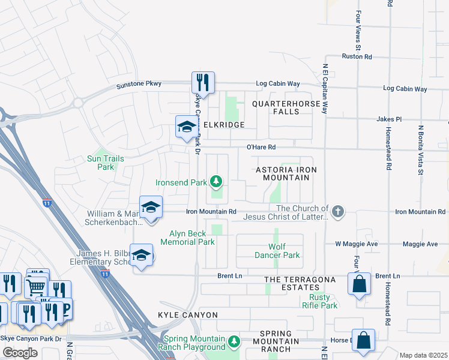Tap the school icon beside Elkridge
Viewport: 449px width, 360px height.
(x=187, y=127)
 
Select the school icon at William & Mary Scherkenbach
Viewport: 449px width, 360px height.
(x=151, y=208)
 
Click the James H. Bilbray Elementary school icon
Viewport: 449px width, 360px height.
(x=142, y=256)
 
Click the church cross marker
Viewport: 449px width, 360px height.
(x=338, y=211)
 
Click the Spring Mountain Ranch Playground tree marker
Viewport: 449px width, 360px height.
(x=234, y=343)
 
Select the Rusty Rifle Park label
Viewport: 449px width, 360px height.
(x=323, y=301)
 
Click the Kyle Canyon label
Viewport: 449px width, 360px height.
(x=188, y=315)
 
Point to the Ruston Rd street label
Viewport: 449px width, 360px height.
(x=357, y=56)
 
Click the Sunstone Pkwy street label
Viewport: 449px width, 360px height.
(x=139, y=84)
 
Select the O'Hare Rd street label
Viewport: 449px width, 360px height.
(x=261, y=146)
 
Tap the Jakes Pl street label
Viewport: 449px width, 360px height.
(x=388, y=119)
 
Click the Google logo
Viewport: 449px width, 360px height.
(x=20, y=353)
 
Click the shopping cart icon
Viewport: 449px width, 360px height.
(x=36, y=287)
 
